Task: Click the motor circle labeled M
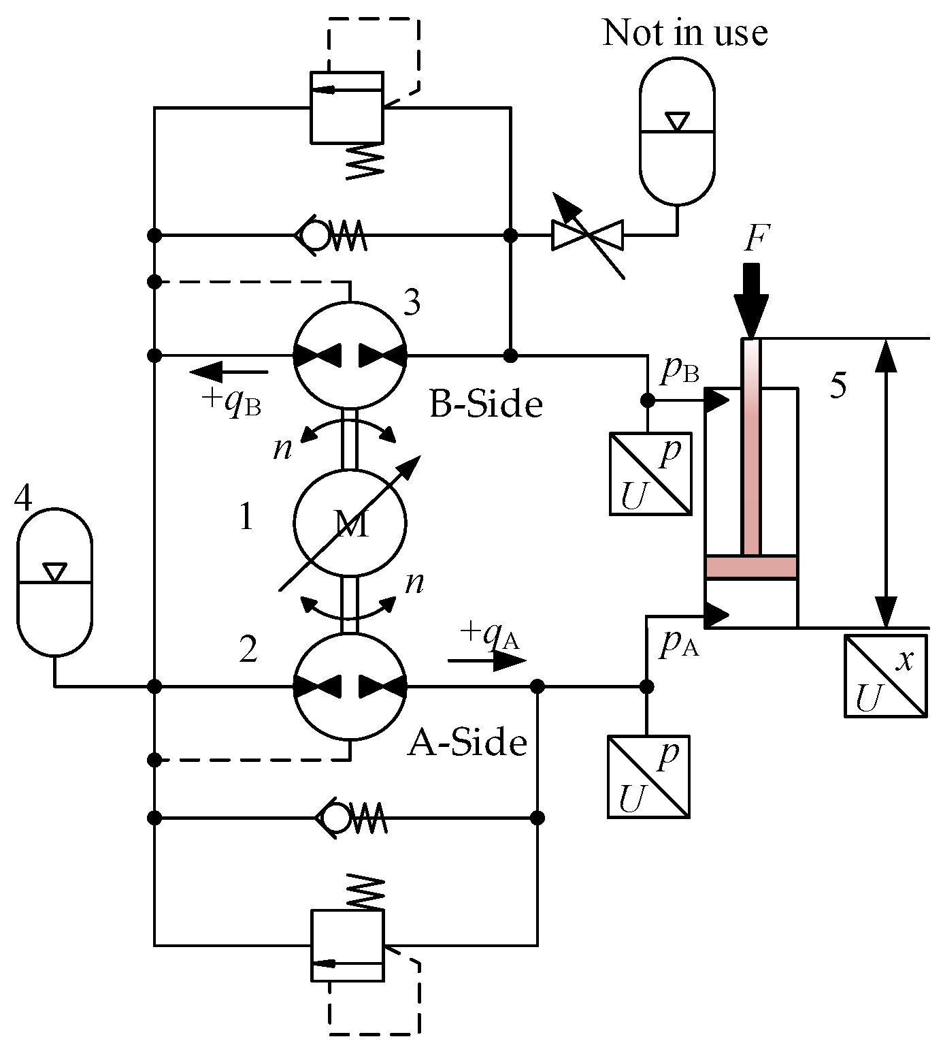click(350, 523)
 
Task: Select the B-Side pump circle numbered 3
click(350, 355)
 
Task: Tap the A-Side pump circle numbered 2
click(350, 686)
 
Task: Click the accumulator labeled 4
click(54, 582)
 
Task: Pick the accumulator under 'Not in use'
click(677, 131)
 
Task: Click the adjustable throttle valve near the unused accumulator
click(588, 236)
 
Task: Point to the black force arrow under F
click(751, 300)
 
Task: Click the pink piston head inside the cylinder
click(751, 567)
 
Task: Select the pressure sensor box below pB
click(650, 473)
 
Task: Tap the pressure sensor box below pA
click(648, 776)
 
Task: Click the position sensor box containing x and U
click(885, 675)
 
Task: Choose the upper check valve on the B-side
click(330, 236)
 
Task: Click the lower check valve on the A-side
click(350, 817)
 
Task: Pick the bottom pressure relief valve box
click(347, 945)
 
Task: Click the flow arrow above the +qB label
click(229, 372)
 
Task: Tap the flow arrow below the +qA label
click(487, 660)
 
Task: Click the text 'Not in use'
click(684, 33)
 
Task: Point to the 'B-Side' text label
click(486, 404)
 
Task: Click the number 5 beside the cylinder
click(839, 385)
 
